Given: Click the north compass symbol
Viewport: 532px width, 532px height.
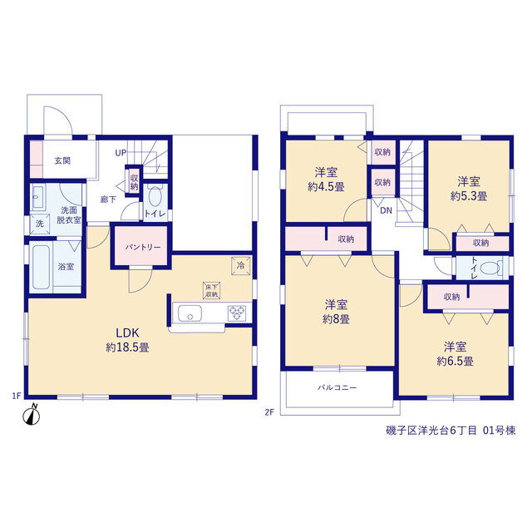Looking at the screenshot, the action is click(x=32, y=415).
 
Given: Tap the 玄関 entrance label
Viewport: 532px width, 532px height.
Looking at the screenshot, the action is click(x=63, y=160).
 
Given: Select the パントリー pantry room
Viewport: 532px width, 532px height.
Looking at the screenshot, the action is click(x=141, y=246).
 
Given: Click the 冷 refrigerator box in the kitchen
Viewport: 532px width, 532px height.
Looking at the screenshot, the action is click(x=240, y=266).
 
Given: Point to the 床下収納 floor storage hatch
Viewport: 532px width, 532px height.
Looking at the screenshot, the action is click(x=212, y=291).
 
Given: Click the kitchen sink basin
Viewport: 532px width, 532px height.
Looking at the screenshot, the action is click(x=190, y=313).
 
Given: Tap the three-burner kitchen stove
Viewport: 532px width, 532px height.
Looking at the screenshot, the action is click(x=237, y=313).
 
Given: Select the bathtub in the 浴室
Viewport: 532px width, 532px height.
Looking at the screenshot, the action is click(x=42, y=267).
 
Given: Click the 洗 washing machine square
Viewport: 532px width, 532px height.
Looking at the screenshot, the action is click(x=40, y=224).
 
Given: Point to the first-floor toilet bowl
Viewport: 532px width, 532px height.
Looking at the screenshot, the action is click(x=155, y=196).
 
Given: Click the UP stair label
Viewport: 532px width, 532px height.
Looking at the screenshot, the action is click(x=121, y=153).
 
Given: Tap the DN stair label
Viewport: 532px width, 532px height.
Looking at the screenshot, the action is click(x=386, y=210).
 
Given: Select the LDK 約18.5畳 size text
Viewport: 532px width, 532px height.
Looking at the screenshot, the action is click(x=127, y=340).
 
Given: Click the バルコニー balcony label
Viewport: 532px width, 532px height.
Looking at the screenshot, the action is click(x=337, y=387).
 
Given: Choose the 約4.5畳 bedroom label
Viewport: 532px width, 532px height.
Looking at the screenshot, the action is click(x=326, y=187).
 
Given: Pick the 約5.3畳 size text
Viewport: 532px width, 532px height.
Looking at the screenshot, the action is click(x=469, y=196).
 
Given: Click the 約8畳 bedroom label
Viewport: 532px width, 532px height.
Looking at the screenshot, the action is click(x=336, y=319).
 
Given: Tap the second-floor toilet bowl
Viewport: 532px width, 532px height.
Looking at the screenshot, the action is click(x=491, y=268).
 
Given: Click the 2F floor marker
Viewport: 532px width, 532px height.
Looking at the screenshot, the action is click(x=269, y=412).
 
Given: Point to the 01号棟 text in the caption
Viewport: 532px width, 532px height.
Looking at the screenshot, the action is click(x=500, y=431).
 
